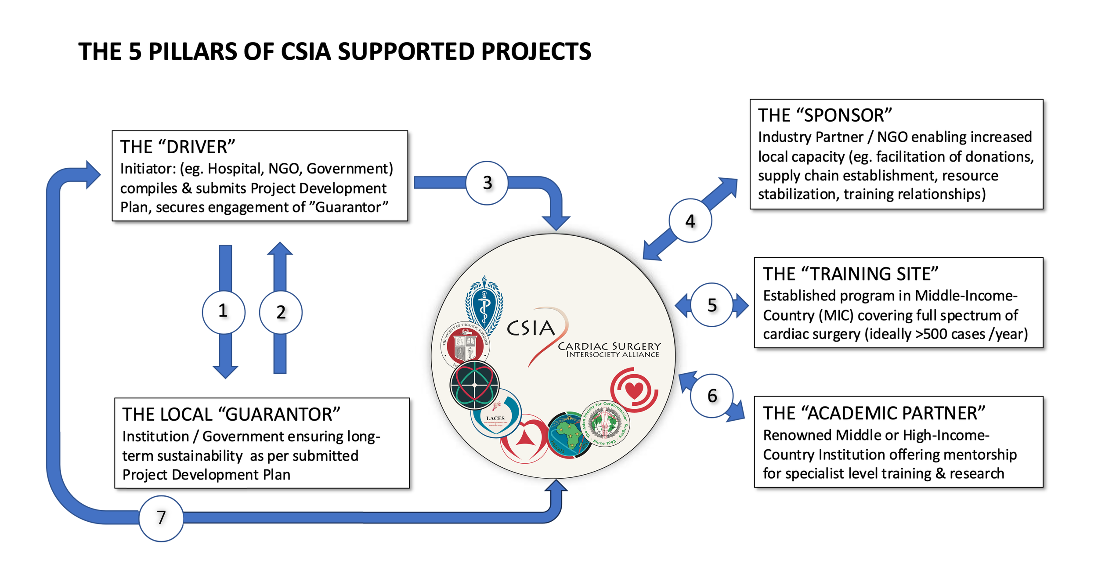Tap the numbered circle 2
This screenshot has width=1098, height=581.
coord(281,312)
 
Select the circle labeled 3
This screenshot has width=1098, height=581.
coord(487,183)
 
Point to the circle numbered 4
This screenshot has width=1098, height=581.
coord(690,220)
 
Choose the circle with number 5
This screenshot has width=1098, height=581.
coord(712,305)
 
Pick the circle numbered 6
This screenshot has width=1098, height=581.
coord(712,396)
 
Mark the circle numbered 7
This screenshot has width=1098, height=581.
coord(161,518)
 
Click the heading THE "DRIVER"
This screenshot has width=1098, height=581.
coord(177,147)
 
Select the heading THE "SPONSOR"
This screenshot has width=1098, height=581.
coord(824,115)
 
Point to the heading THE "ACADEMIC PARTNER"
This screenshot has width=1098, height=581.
coord(874,413)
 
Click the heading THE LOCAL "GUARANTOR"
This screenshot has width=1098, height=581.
coord(231,414)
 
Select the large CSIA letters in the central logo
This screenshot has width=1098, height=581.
coord(531,328)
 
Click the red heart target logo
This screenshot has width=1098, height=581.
coord(634,390)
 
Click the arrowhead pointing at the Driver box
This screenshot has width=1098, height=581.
coord(93,175)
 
